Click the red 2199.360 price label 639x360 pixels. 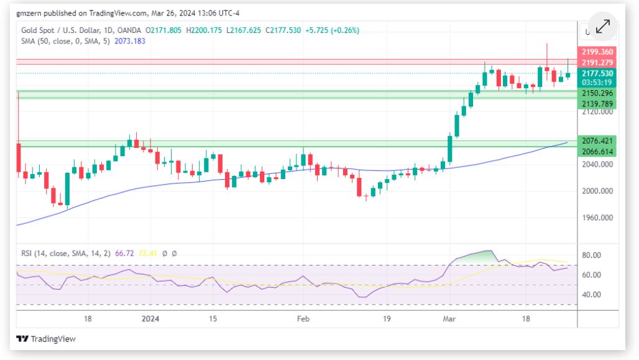point(597,52)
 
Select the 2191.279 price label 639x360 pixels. point(597,62)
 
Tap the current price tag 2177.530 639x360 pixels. point(597,73)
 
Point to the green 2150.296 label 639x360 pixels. point(597,93)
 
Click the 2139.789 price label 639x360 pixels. point(597,103)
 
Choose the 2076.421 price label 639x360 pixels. point(597,141)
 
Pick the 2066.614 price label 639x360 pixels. point(597,151)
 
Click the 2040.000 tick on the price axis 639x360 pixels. point(597,164)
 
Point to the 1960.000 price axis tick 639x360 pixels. point(597,218)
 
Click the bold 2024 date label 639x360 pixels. point(150,318)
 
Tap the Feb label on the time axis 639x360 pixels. point(303,318)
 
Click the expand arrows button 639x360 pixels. point(602,26)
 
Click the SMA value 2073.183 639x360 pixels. point(130,40)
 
